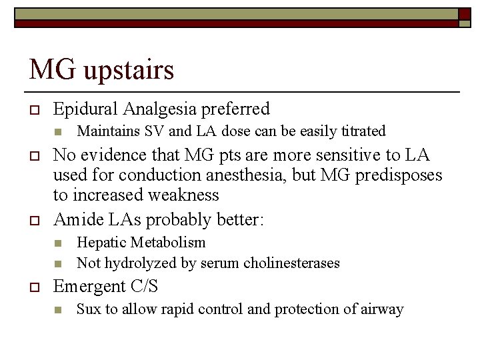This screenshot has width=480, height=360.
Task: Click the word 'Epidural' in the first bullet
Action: pyautogui.click(x=84, y=109)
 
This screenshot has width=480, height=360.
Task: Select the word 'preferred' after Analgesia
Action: pyautogui.click(x=237, y=109)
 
